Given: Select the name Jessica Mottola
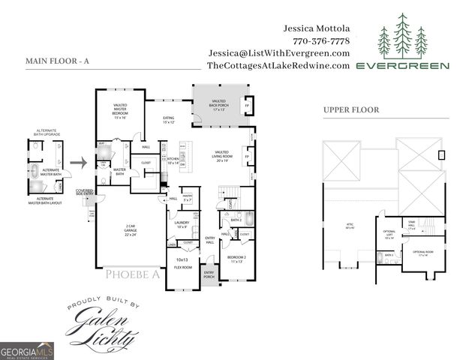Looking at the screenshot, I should click(x=317, y=28).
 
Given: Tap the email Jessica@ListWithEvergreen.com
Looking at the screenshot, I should click(x=280, y=53).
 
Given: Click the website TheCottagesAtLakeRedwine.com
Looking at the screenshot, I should click(x=278, y=66).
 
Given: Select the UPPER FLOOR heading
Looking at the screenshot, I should click(x=351, y=109).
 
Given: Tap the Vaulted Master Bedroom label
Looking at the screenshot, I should click(x=120, y=112).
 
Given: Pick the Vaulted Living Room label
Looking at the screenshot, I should click(x=221, y=156).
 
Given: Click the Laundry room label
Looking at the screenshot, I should click(x=182, y=224).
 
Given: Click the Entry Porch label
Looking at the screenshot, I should click(x=209, y=274).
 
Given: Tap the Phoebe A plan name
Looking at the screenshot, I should click(x=132, y=274).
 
